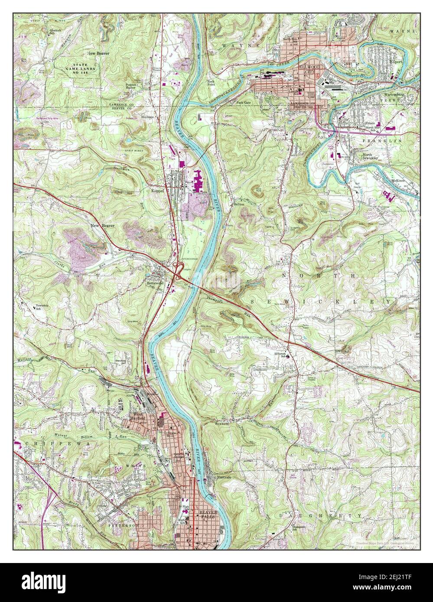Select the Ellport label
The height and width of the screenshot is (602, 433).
coord(395,61)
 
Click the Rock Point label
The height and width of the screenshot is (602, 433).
coord(211,83)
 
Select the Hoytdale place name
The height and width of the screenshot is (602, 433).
coord(148,117)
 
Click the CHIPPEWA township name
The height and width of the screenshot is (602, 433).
coord(44,445)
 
